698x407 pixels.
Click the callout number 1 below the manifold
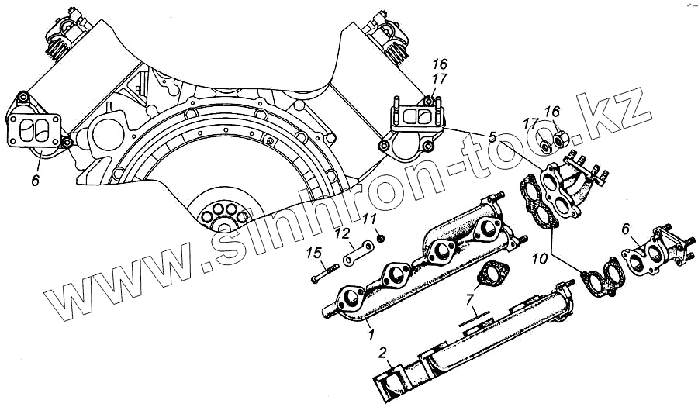371,336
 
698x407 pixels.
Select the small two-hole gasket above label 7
490,274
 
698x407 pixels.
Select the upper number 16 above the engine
439,65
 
